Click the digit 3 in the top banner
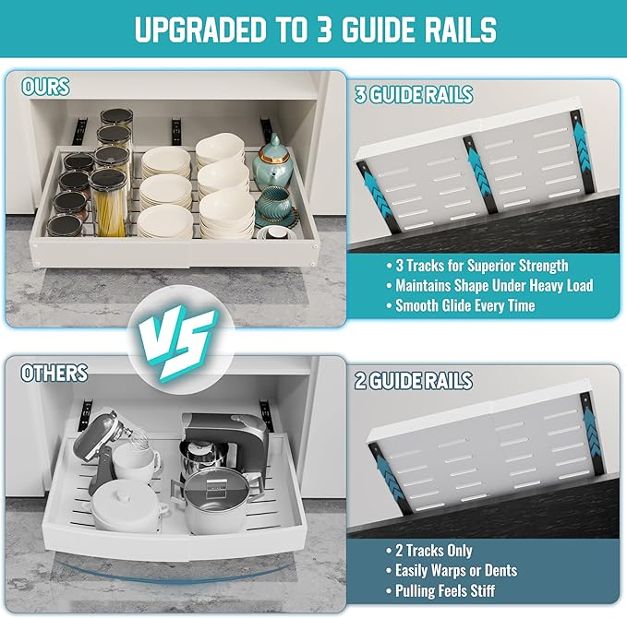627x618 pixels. pos(324,30)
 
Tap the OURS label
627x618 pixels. pos(45,87)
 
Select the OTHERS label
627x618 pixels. pos(54,373)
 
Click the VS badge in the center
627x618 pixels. pos(178,340)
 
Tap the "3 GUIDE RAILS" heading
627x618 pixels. pos(414,95)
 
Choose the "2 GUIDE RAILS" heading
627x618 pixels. pos(414,380)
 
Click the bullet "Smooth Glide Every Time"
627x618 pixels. pos(461,305)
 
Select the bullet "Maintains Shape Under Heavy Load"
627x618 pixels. pos(489,286)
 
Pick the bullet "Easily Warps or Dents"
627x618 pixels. pos(452,570)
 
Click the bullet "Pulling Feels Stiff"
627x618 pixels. pos(440,590)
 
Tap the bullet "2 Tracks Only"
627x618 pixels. pos(429,551)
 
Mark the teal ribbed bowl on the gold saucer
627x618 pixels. pos(274,203)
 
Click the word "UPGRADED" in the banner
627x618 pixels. pos(200,30)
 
